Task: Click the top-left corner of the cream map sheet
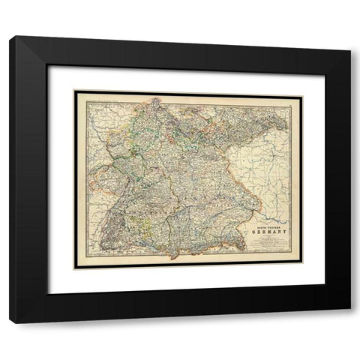[73, 90]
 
